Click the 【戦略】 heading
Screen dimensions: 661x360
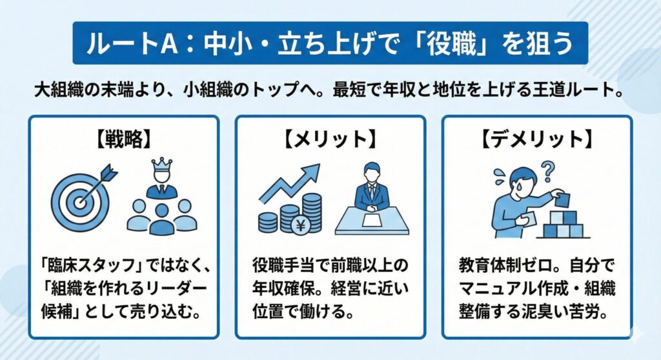click(123, 139)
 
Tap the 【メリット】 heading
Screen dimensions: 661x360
click(330, 139)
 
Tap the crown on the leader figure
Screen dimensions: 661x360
click(161, 166)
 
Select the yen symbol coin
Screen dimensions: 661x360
click(301, 226)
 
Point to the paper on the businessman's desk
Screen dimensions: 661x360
click(372, 221)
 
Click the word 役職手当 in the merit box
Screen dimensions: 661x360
click(283, 266)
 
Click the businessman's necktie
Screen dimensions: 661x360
click(372, 191)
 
